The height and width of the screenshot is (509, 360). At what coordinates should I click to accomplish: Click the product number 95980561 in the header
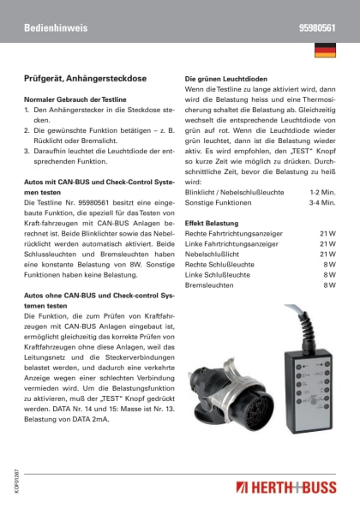(316, 28)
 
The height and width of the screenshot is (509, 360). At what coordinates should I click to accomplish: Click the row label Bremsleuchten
(211, 284)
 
